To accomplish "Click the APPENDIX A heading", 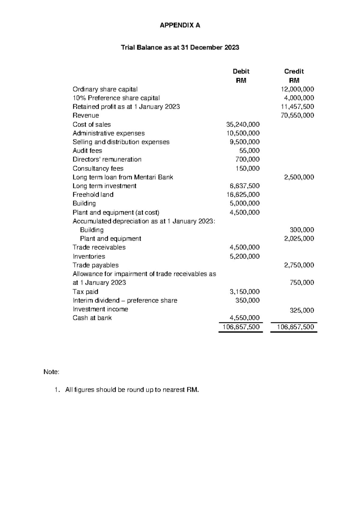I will point(180,26).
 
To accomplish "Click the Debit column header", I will point(241,71).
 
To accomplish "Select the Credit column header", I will point(294,71).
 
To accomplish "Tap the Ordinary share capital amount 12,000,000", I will point(297,89).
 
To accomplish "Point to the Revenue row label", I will point(85,116).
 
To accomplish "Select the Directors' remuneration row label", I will point(107,159).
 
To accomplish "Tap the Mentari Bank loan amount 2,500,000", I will point(299,177).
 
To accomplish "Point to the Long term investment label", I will point(104,186).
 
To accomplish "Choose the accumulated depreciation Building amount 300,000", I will point(302,230).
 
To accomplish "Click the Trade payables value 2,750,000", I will point(299,265).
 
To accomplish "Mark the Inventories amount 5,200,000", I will point(244,256).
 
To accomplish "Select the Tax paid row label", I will point(85,292).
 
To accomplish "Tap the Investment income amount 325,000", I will point(302,310).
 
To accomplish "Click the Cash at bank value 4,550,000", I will point(244,318).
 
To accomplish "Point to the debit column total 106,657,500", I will point(241,327).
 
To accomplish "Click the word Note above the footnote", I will point(51,372).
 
